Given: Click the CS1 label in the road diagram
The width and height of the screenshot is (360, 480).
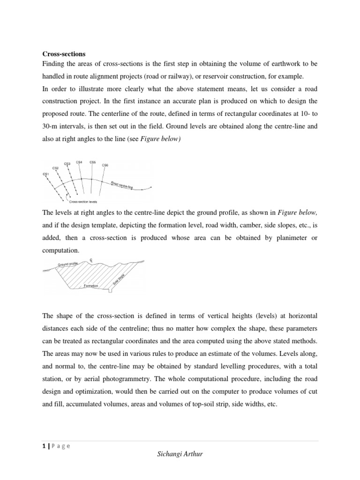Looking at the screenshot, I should [x=45, y=174].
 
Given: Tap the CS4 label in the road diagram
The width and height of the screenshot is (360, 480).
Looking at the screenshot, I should [x=79, y=162].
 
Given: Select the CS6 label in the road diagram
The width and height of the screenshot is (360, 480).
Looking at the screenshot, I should [x=105, y=165].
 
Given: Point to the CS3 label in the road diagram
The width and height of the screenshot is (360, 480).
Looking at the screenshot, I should [x=67, y=164].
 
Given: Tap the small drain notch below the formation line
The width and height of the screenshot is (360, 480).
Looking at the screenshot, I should [x=110, y=291].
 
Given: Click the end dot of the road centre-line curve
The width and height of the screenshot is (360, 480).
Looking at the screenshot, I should [x=151, y=188].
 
